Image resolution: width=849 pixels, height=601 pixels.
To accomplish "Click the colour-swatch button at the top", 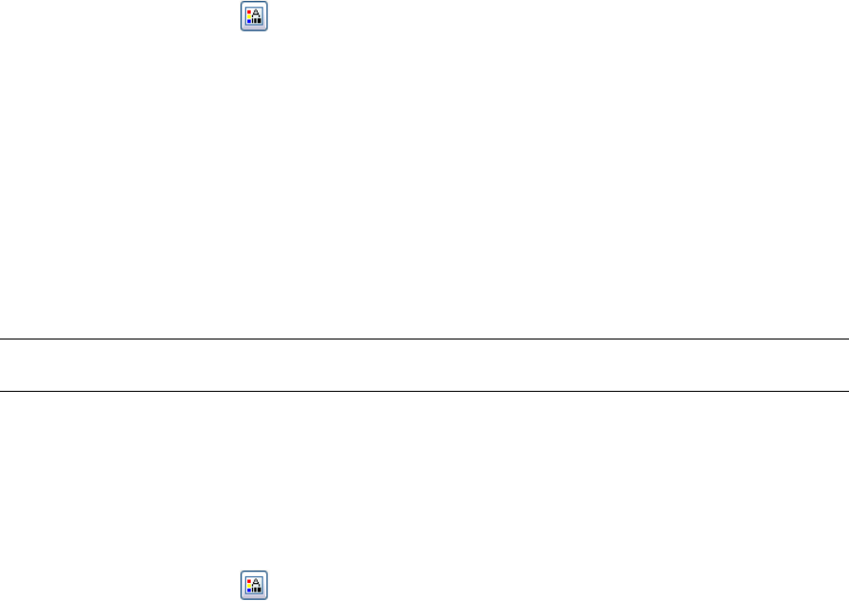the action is point(253,17).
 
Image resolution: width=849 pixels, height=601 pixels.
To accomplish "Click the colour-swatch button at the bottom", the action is point(253,584).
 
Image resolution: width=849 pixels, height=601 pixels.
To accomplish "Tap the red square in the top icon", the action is point(249,11).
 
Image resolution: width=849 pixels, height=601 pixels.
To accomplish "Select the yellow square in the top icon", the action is point(249,17).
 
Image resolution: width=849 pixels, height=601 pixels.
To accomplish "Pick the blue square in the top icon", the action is point(249,23).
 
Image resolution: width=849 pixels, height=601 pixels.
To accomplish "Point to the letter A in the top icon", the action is point(257,13).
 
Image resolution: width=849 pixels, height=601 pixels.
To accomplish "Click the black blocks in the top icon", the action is point(257,22).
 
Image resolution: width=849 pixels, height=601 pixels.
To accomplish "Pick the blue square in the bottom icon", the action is point(249,590).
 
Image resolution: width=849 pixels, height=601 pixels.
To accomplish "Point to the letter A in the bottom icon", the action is point(257,580).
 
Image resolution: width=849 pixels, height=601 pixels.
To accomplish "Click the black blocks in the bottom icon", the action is point(257,589).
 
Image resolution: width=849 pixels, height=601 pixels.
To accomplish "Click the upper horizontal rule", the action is point(424,339).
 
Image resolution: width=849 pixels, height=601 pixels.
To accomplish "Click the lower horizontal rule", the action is point(424,391).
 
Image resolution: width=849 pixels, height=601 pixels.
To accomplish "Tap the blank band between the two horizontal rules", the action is point(424,365).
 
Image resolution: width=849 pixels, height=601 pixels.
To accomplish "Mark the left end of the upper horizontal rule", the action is point(2,339).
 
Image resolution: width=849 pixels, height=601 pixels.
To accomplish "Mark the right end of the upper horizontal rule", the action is point(846,339).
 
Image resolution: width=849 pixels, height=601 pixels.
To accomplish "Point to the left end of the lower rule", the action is point(2,391).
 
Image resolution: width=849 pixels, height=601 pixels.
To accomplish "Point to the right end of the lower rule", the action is point(846,391).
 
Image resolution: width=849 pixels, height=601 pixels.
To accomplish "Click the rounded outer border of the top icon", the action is point(239,17).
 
